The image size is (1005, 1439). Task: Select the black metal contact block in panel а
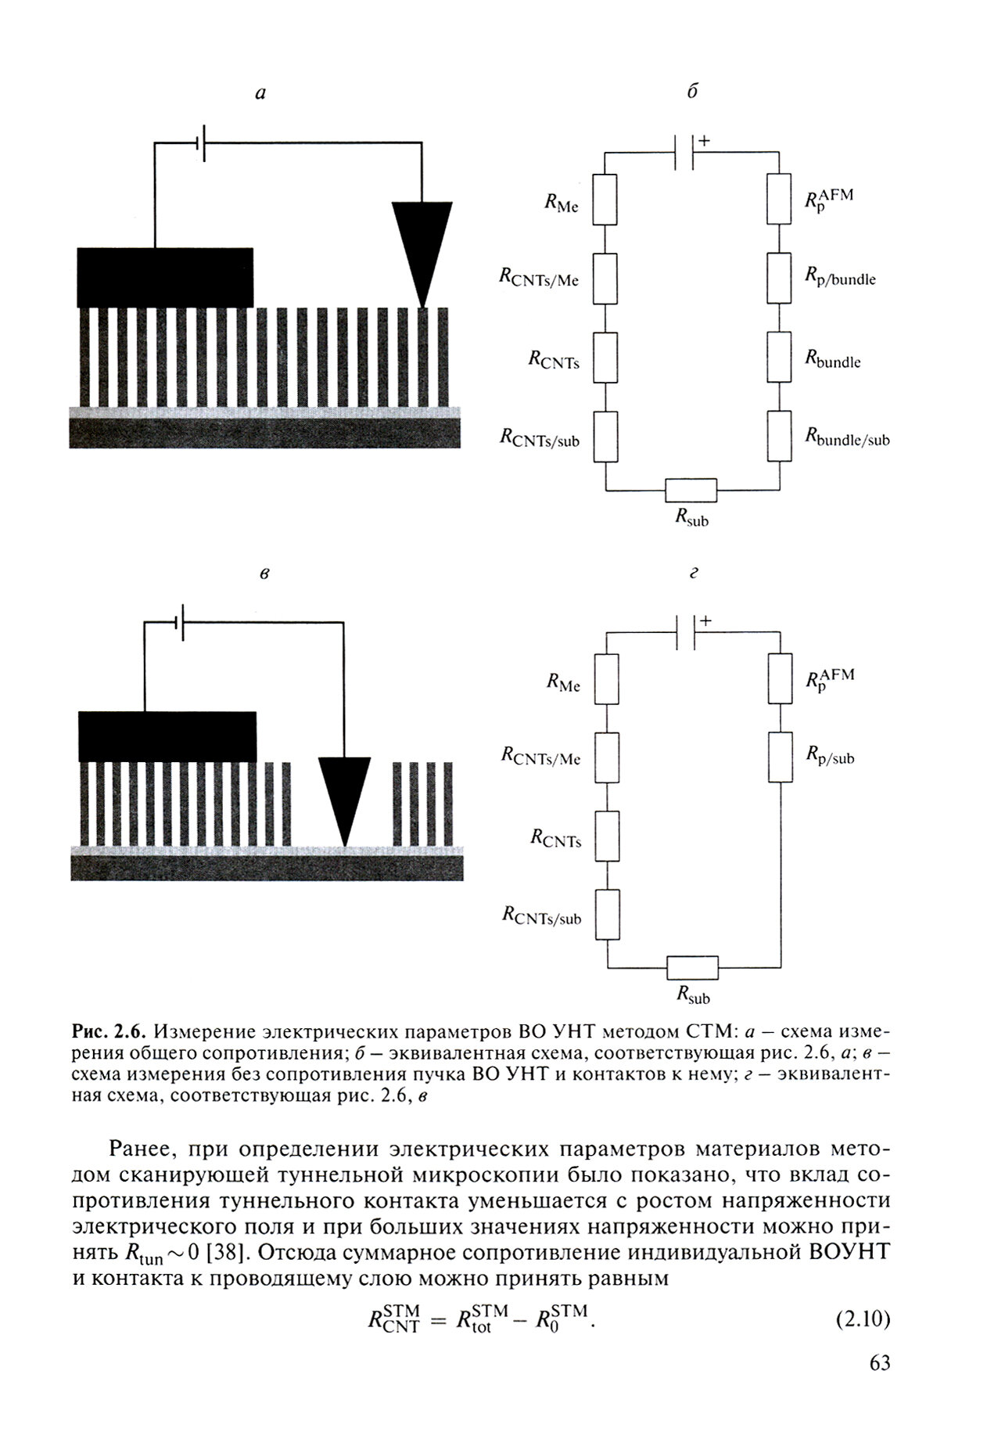pyautogui.click(x=165, y=277)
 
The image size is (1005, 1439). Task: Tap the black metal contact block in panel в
pyautogui.click(x=167, y=736)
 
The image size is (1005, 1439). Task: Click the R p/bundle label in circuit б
pyautogui.click(x=840, y=277)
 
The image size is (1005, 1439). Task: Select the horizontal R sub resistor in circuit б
pyautogui.click(x=691, y=491)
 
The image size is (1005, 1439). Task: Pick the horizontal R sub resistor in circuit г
pyautogui.click(x=692, y=968)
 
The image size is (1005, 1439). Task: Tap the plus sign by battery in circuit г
pyautogui.click(x=706, y=621)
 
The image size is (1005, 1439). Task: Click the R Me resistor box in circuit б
pyautogui.click(x=605, y=200)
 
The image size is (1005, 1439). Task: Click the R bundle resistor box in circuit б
pyautogui.click(x=780, y=358)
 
